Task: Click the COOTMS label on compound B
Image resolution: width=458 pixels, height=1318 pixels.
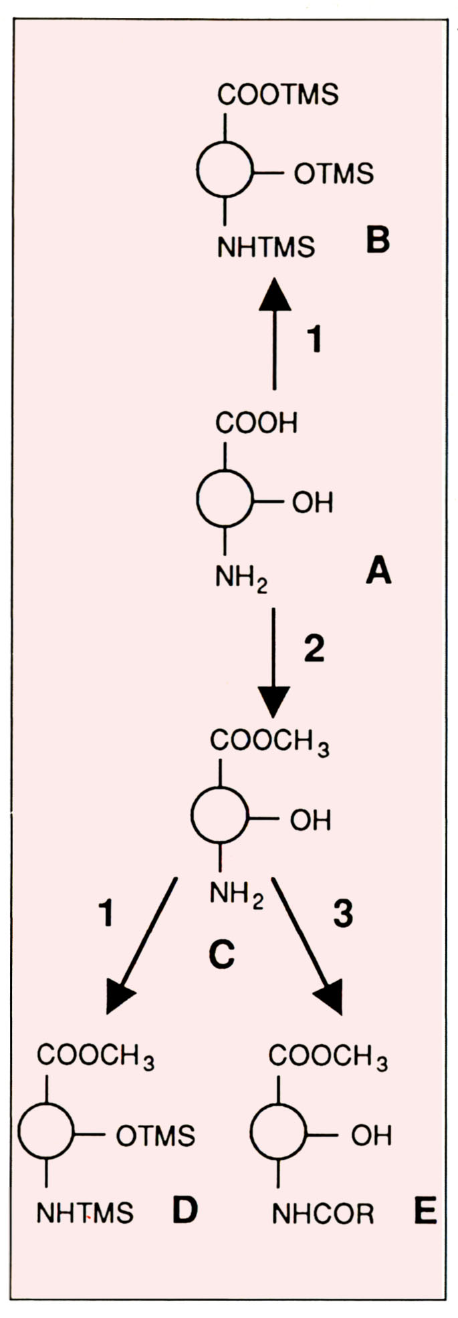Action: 277,95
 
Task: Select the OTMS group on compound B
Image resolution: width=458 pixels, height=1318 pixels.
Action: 333,174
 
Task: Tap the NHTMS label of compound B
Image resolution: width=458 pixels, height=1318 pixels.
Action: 265,247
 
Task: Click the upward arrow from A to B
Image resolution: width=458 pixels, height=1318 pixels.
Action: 274,334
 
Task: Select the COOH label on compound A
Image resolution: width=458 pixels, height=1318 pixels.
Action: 256,422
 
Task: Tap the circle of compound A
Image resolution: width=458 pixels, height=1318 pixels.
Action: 225,499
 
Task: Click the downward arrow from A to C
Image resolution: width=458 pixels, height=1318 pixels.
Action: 273,662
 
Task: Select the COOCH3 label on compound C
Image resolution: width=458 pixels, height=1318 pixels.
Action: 269,741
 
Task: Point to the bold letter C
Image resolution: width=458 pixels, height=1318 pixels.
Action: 221,955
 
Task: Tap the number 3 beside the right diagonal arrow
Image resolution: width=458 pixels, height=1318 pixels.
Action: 342,914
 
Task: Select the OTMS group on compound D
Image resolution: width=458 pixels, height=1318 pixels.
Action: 155,1135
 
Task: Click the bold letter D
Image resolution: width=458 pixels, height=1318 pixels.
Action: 185,1210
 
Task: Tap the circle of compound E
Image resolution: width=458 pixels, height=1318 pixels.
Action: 278,1132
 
